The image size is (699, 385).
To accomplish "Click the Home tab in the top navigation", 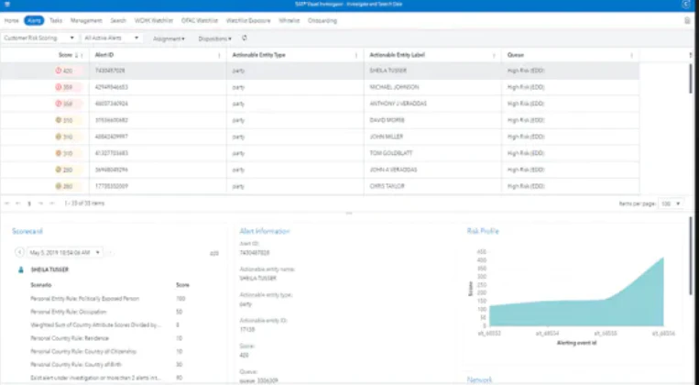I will click(x=11, y=19).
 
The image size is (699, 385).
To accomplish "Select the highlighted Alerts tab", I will click(x=35, y=19).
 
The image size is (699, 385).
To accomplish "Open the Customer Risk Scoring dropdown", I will click(x=38, y=38).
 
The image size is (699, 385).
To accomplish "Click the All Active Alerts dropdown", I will click(x=111, y=38).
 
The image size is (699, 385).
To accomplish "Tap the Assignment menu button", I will click(x=169, y=38).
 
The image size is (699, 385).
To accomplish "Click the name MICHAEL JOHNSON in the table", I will click(x=392, y=87).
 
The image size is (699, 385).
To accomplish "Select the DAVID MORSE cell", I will click(x=388, y=119).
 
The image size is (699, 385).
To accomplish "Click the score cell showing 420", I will click(x=66, y=71).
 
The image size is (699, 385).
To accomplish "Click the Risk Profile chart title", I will click(x=483, y=231).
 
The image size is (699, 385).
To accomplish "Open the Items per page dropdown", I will click(x=671, y=203).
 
